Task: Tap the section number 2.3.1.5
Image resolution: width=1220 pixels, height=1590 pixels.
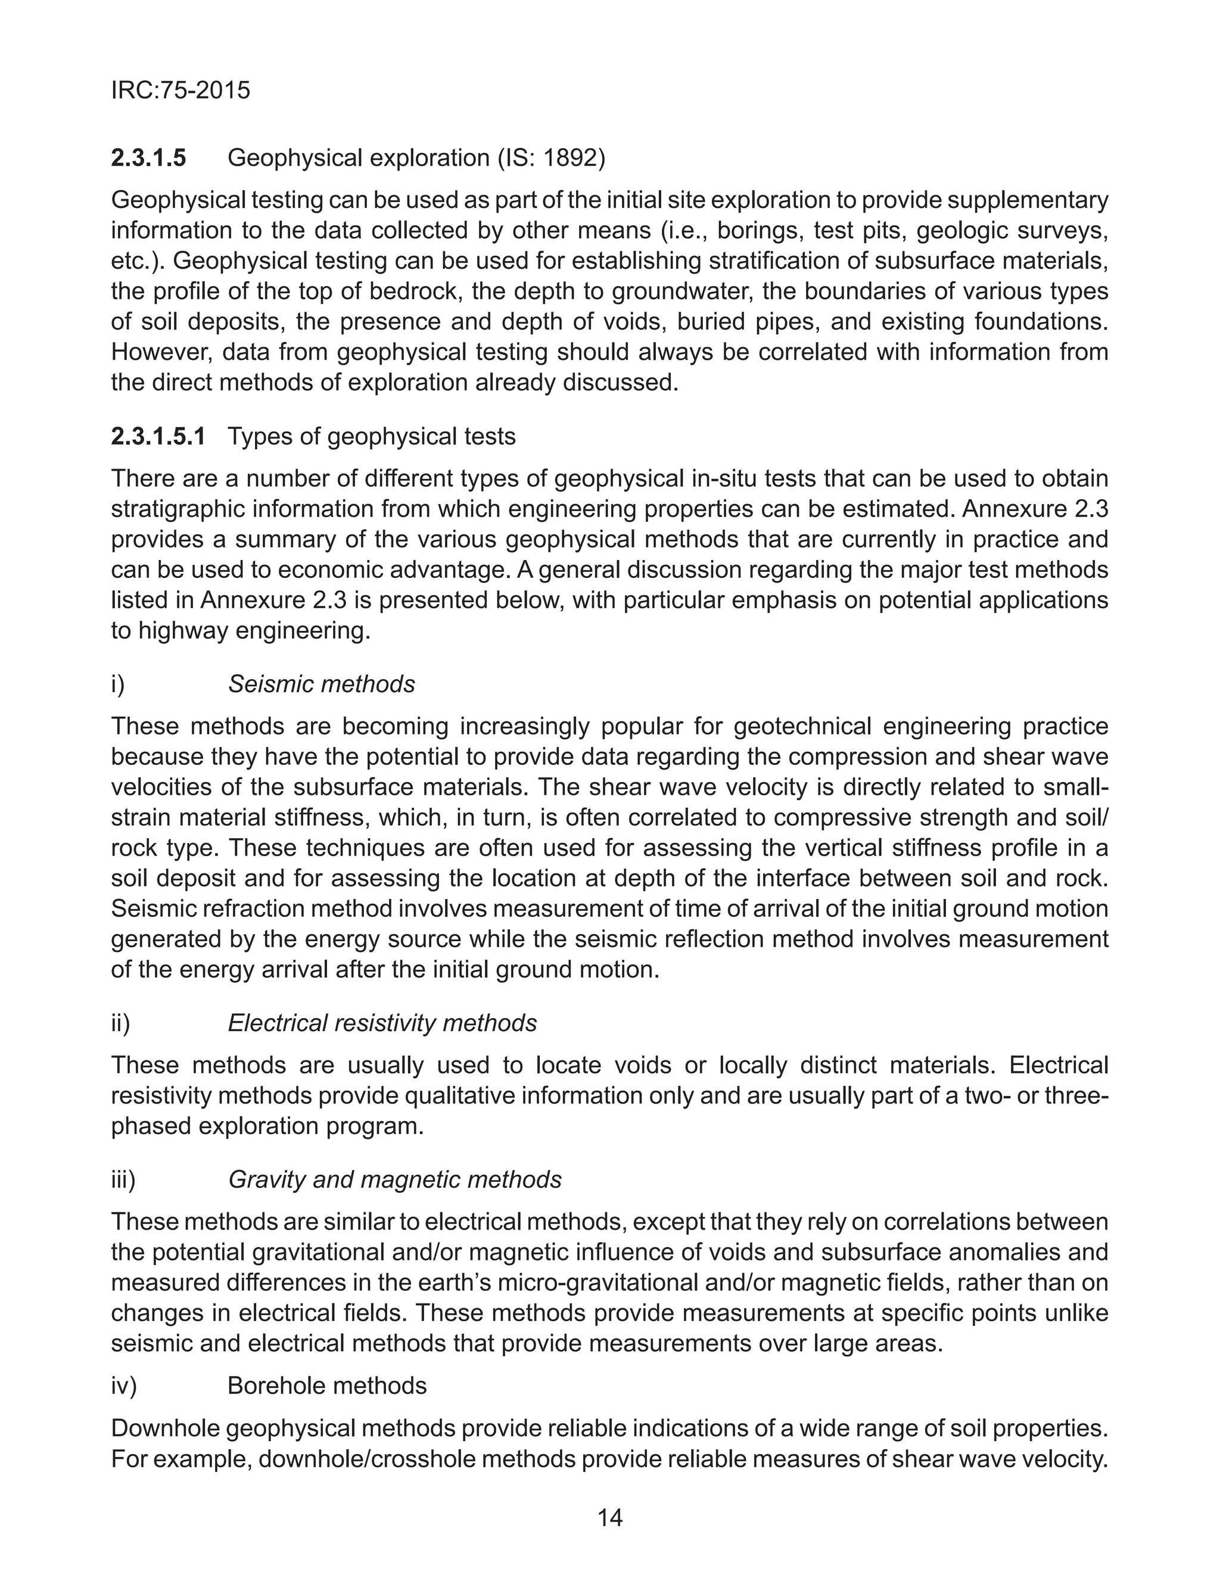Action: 148,158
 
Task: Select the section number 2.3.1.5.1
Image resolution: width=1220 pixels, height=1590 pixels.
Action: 158,436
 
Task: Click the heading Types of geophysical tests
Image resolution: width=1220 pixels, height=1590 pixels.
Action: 371,436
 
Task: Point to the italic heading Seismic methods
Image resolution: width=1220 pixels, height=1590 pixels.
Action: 321,684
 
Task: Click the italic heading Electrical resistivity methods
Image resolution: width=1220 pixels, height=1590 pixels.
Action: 382,1023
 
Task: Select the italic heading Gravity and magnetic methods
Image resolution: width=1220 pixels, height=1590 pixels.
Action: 394,1180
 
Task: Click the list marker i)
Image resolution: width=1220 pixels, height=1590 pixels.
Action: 117,684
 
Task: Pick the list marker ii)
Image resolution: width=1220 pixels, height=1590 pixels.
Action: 120,1023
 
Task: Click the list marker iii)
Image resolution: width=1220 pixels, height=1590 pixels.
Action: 123,1180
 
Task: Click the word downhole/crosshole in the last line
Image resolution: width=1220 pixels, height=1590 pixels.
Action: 369,1458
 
